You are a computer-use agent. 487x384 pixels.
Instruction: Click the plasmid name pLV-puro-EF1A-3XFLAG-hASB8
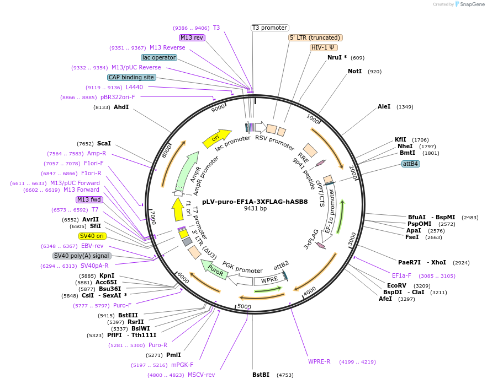(255, 202)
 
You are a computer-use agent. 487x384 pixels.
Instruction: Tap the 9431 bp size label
(255, 209)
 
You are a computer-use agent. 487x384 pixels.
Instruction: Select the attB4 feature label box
(410, 164)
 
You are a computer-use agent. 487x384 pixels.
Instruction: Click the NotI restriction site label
(355, 72)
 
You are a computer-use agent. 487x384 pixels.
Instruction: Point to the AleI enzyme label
(384, 107)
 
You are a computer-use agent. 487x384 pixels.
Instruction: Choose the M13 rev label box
(192, 37)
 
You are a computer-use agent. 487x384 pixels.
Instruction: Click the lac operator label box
(159, 57)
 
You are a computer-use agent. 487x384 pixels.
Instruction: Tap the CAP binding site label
(131, 78)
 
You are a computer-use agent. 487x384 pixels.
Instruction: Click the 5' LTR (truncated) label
(315, 37)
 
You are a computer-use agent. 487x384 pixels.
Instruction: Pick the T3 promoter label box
(269, 28)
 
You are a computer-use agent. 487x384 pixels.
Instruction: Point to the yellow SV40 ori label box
(92, 236)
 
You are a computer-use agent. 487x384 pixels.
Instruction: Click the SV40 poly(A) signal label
(82, 256)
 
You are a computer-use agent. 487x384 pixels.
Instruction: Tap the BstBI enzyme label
(261, 375)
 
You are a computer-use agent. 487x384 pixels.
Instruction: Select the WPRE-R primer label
(319, 361)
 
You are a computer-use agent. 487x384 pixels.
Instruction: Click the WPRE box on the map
(269, 279)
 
